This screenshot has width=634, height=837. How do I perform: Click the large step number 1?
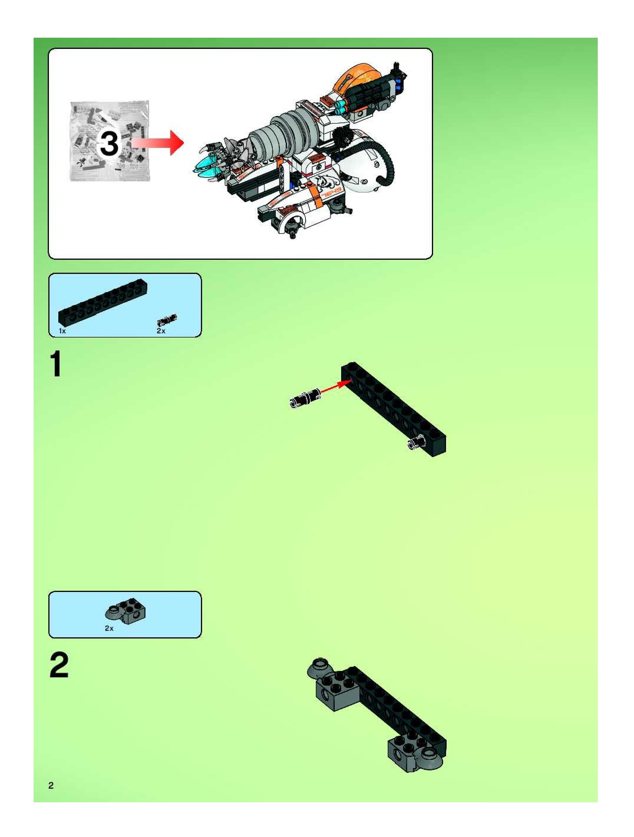tap(56, 364)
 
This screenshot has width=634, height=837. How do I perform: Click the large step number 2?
tap(59, 665)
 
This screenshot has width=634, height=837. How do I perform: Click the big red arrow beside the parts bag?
tap(157, 143)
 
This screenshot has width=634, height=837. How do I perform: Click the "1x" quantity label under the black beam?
tap(62, 331)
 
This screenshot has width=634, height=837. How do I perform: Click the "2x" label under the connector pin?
tap(161, 331)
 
